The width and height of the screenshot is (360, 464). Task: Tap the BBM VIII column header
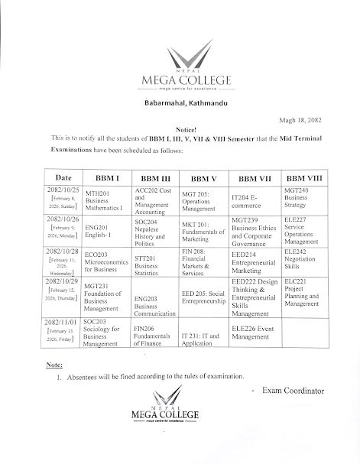[304, 178]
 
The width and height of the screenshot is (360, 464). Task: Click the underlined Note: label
[45, 365]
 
